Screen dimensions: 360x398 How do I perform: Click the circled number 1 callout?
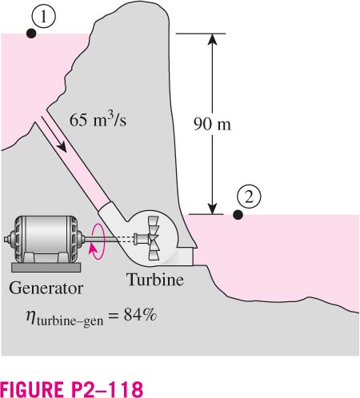(x=44, y=17)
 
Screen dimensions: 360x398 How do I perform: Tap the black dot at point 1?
(x=31, y=34)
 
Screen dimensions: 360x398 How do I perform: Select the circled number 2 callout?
(x=249, y=197)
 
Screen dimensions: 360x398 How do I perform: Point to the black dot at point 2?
(x=238, y=215)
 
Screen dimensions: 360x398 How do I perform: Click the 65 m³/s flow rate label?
(x=98, y=119)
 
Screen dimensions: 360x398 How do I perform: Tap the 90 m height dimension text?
(x=212, y=124)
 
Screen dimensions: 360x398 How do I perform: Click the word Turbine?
(x=156, y=280)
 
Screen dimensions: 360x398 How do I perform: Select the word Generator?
(x=46, y=289)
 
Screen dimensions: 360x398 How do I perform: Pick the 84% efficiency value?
(x=140, y=315)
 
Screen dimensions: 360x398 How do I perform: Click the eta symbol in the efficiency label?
(x=30, y=316)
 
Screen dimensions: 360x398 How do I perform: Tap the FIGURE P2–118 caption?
(x=71, y=389)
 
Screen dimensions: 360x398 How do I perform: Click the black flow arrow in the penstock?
(x=54, y=134)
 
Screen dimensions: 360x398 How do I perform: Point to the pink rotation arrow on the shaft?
(x=98, y=241)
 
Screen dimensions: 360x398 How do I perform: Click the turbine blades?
(x=154, y=238)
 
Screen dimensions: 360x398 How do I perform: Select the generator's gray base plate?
(x=46, y=268)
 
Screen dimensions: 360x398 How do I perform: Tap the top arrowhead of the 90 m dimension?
(x=212, y=39)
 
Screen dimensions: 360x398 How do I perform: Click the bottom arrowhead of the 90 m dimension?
(x=212, y=209)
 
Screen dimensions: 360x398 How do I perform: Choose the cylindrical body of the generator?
(x=46, y=237)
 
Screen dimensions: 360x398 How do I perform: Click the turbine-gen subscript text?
(x=70, y=321)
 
